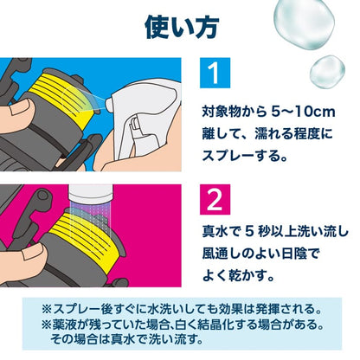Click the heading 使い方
179,27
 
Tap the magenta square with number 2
212,201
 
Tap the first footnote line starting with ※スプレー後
179,308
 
